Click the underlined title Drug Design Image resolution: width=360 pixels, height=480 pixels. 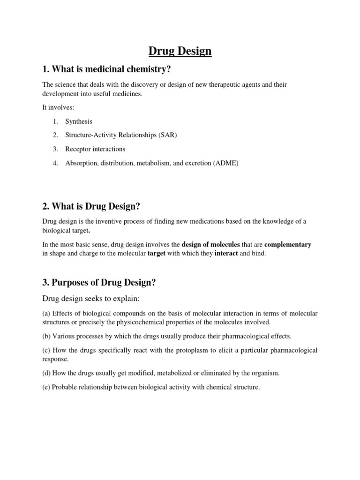[x=180, y=51]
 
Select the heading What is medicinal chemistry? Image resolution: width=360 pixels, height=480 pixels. [x=106, y=69]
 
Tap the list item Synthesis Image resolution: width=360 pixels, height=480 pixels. [x=79, y=121]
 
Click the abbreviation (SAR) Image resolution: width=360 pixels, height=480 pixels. [x=167, y=135]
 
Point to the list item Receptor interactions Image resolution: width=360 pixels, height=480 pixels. [x=95, y=149]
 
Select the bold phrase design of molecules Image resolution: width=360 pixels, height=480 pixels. [x=210, y=244]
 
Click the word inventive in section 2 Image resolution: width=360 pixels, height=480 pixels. [x=109, y=221]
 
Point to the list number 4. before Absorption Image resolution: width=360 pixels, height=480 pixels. [x=55, y=163]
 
